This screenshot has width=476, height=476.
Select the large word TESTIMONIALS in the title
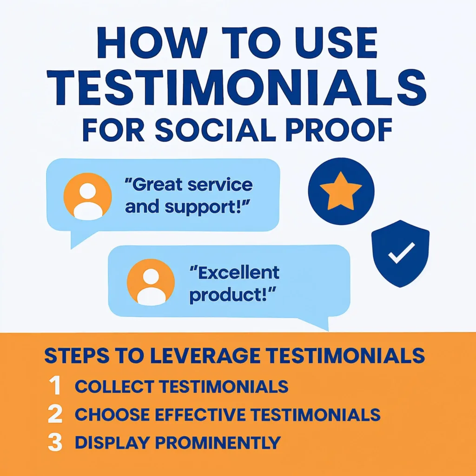tap(237, 87)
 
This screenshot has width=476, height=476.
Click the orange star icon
tap(341, 192)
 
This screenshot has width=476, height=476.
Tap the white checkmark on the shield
tap(401, 252)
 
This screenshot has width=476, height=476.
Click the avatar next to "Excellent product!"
tap(151, 282)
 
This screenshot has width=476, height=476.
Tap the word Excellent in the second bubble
tap(235, 272)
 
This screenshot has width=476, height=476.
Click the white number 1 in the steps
tap(55, 385)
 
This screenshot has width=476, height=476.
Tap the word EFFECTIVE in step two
tap(200, 415)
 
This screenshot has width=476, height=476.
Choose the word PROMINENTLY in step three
tap(218, 443)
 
